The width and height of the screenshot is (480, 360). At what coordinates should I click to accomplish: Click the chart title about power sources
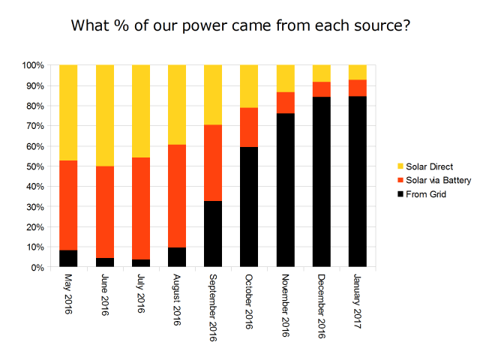tap(240, 25)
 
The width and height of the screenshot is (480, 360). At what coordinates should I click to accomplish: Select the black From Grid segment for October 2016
tap(249, 207)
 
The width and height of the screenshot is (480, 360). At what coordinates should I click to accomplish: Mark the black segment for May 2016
tap(69, 259)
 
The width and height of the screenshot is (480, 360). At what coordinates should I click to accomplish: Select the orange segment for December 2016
tap(322, 89)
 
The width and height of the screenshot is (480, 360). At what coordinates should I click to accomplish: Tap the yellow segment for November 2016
tap(285, 79)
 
